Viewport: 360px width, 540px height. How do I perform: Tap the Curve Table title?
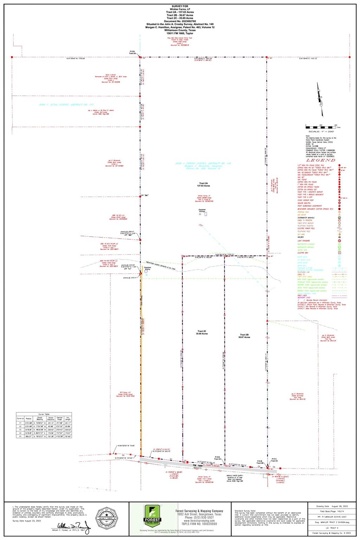44,414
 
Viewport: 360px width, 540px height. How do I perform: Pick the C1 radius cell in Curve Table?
29,423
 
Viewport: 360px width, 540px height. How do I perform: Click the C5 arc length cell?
67,436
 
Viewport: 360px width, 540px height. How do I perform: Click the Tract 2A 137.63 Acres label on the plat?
204,185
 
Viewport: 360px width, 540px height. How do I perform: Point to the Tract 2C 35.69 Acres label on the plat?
202,333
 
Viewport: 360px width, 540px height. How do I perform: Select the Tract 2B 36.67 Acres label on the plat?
245,336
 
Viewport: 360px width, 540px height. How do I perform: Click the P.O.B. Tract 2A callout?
132,52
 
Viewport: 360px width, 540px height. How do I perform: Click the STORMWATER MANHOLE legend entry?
306,218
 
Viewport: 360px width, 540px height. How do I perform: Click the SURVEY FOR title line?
180,6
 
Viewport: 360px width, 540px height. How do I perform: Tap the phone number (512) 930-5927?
199,517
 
